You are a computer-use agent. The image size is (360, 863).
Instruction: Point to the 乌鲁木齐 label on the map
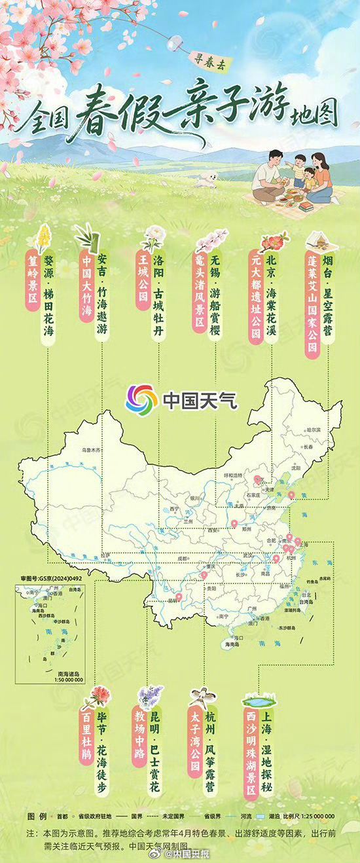93,450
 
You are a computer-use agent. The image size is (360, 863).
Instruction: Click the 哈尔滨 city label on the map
315,430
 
